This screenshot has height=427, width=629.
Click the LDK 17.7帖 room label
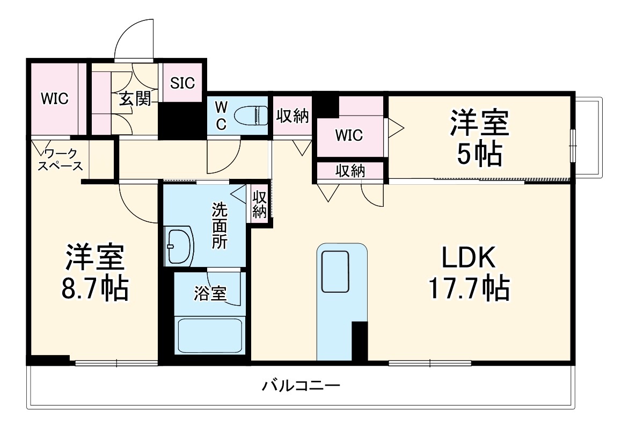coord(467,274)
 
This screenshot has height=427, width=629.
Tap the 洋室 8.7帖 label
coord(95,273)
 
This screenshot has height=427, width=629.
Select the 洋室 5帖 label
coord(479,138)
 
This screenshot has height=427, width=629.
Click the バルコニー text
coord(301,386)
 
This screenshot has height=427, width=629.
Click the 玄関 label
coord(134,99)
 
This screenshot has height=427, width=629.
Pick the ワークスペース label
coord(60,159)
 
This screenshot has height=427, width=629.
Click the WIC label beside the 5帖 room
coord(349,135)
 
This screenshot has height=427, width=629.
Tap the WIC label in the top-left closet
coord(56,99)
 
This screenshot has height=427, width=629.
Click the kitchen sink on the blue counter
coord(335,271)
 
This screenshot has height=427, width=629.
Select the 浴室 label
coord(210,293)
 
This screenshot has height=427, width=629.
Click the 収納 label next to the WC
coord(293,115)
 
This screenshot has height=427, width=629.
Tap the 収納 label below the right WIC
coord(350,171)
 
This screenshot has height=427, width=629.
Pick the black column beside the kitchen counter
coord(359,341)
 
